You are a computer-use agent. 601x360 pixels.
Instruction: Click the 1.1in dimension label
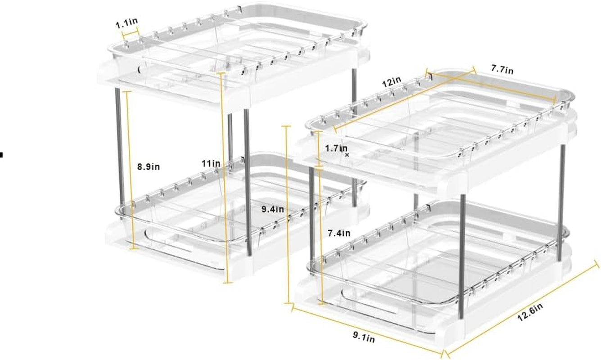(127, 23)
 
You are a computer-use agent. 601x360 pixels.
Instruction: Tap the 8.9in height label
(149, 167)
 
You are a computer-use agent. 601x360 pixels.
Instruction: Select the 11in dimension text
(211, 163)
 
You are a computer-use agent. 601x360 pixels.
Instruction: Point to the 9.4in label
(273, 209)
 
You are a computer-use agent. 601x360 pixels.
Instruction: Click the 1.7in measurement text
(336, 148)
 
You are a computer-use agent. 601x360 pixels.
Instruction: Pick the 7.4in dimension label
(339, 233)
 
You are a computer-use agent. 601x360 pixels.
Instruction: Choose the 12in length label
(392, 82)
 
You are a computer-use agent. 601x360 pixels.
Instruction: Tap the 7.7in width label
(502, 70)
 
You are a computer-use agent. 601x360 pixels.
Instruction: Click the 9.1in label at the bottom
(364, 337)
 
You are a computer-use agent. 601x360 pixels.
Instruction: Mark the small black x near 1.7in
(347, 155)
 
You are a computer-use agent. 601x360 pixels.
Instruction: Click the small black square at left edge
(1, 155)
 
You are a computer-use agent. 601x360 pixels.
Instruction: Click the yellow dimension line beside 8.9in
(130, 170)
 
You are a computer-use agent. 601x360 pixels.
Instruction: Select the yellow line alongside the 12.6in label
(521, 308)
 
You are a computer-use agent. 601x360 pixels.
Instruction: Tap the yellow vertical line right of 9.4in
(287, 215)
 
